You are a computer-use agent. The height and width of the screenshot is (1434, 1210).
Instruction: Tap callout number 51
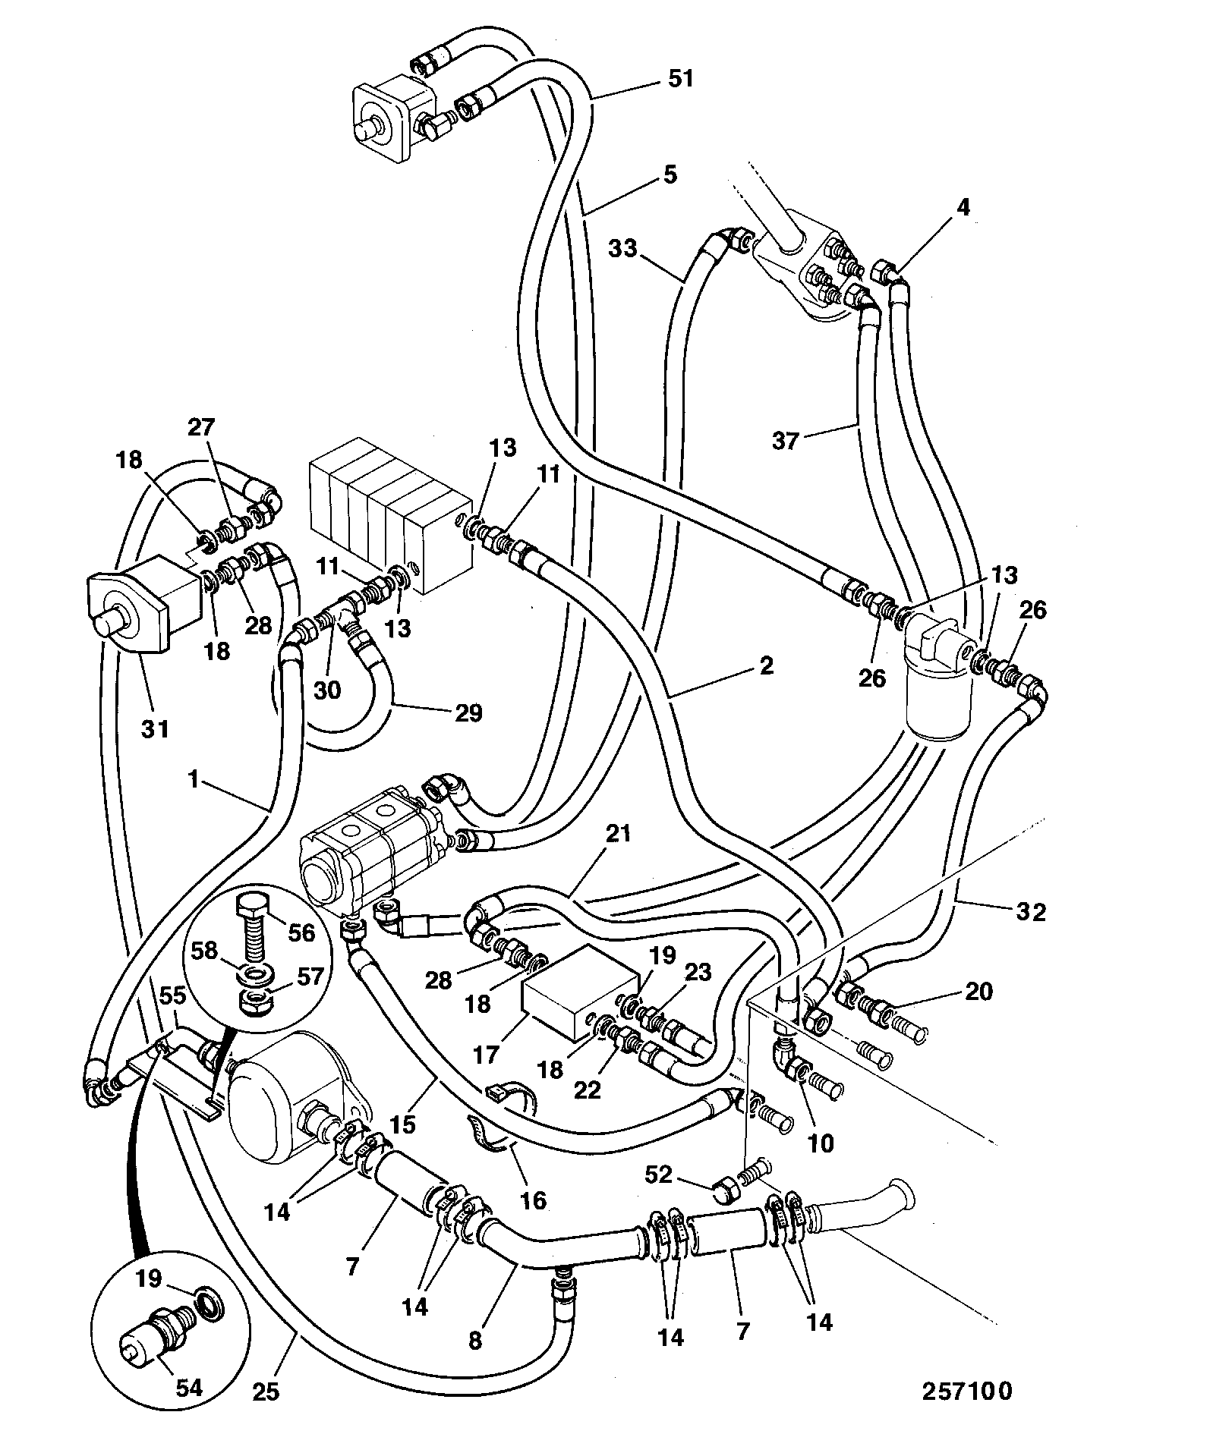point(680,79)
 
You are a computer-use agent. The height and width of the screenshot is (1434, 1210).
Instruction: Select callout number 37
point(786,441)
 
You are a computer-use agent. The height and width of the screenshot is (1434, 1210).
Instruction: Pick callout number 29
point(468,712)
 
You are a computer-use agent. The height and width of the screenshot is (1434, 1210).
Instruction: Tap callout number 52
point(658,1175)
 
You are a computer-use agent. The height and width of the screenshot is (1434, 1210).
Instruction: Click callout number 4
point(963,206)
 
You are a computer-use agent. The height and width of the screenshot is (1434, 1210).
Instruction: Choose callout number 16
point(533,1200)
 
